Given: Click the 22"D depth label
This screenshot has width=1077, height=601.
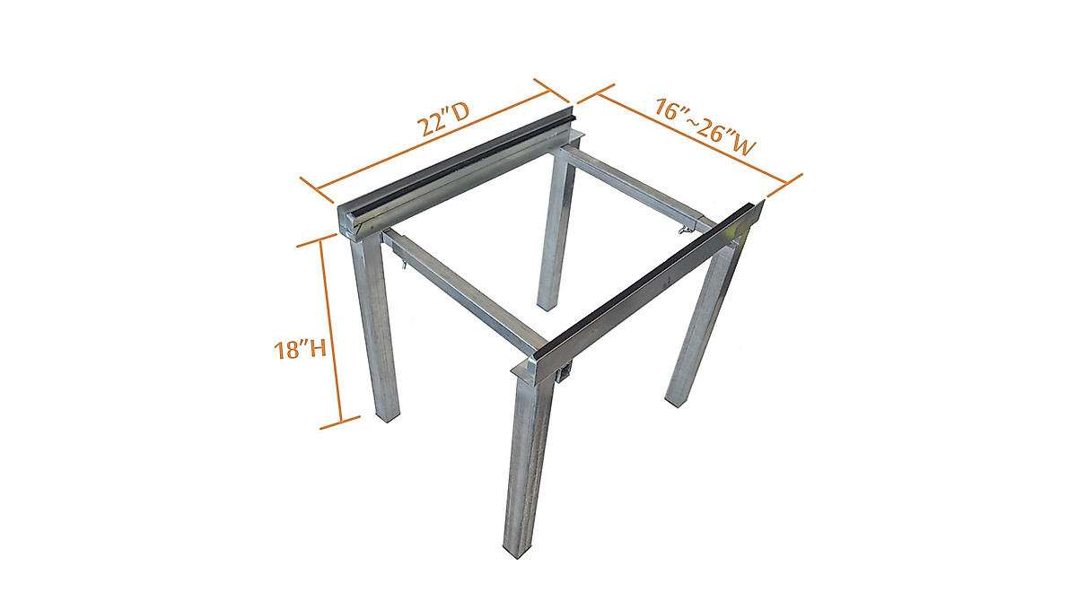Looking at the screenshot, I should [x=447, y=122].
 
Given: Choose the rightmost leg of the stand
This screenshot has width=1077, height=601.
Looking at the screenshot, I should [x=705, y=323].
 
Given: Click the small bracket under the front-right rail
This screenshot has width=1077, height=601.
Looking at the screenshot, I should [x=563, y=374].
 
